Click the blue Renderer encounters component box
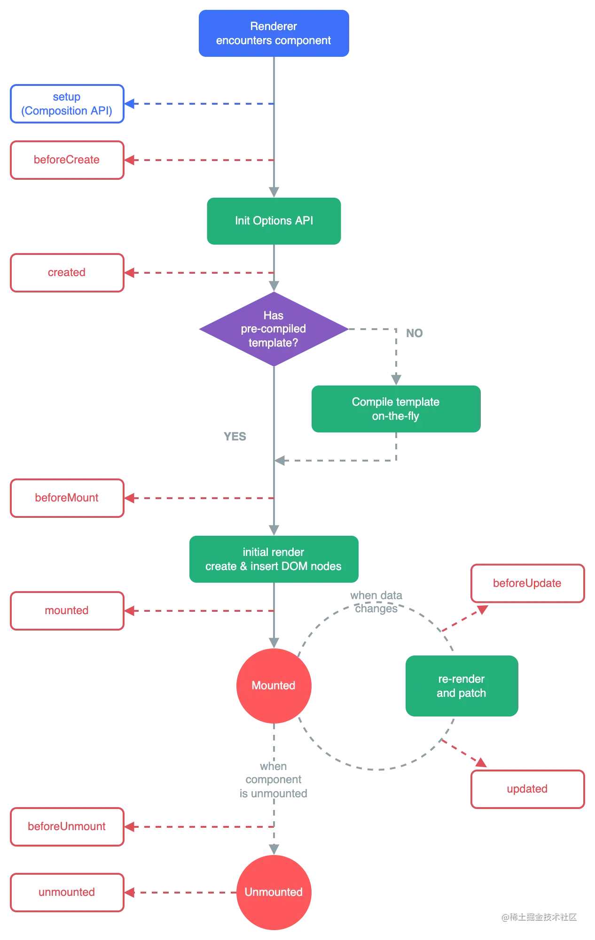pyautogui.click(x=274, y=33)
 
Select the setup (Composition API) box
pyautogui.click(x=66, y=104)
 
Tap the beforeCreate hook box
pyautogui.click(x=66, y=160)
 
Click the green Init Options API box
pyautogui.click(x=274, y=221)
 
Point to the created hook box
pyautogui.click(x=66, y=272)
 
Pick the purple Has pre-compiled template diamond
pyautogui.click(x=273, y=329)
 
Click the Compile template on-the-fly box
pyautogui.click(x=395, y=409)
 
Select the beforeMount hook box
pyautogui.click(x=66, y=498)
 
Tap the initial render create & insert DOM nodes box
pyautogui.click(x=274, y=559)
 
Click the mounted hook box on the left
pyautogui.click(x=66, y=610)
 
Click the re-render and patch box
pyautogui.click(x=461, y=686)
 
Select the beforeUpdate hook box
pyautogui.click(x=528, y=584)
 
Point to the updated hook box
pyautogui.click(x=528, y=789)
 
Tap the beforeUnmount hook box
pyautogui.click(x=66, y=826)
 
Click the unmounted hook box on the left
pyautogui.click(x=66, y=892)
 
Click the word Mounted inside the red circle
pyautogui.click(x=274, y=686)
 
